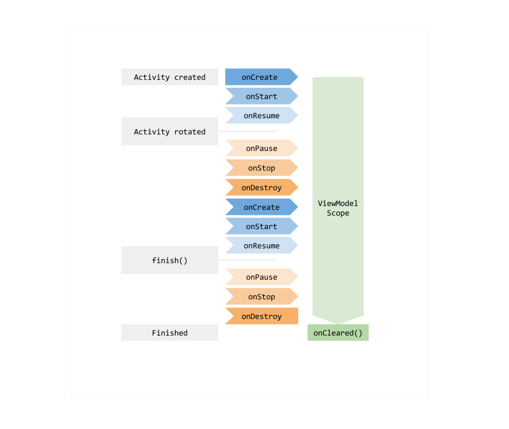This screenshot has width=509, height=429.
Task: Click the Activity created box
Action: pyautogui.click(x=170, y=77)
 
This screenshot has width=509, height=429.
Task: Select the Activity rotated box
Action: pyautogui.click(x=170, y=131)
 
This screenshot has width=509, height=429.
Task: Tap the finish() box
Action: pyautogui.click(x=170, y=260)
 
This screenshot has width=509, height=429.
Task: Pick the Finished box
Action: pyautogui.click(x=170, y=332)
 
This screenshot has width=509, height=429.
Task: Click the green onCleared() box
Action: pyautogui.click(x=338, y=332)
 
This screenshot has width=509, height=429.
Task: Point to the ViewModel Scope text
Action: pyautogui.click(x=338, y=208)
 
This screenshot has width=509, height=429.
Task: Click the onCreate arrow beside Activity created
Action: pyautogui.click(x=260, y=77)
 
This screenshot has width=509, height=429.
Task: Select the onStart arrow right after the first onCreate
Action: pyautogui.click(x=261, y=96)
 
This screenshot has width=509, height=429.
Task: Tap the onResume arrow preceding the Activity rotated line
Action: pyautogui.click(x=261, y=115)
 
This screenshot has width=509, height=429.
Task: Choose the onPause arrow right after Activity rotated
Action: pyautogui.click(x=261, y=148)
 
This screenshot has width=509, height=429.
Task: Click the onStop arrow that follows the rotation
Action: pyautogui.click(x=261, y=168)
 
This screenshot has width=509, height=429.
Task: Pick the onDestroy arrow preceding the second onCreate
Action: pyautogui.click(x=261, y=187)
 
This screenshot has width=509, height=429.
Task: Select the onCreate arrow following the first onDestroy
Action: pyautogui.click(x=261, y=207)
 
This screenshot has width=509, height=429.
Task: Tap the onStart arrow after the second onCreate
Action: pyautogui.click(x=261, y=226)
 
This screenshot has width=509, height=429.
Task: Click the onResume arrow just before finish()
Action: pyautogui.click(x=261, y=246)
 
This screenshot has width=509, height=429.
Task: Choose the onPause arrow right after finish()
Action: pyautogui.click(x=261, y=277)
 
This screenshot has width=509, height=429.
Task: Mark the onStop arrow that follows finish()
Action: pyautogui.click(x=261, y=297)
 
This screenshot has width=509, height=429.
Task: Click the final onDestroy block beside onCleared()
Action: pyautogui.click(x=261, y=316)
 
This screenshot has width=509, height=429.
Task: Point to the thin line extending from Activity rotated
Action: pyautogui.click(x=247, y=131)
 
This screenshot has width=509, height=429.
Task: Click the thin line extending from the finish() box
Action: pyautogui.click(x=247, y=260)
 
